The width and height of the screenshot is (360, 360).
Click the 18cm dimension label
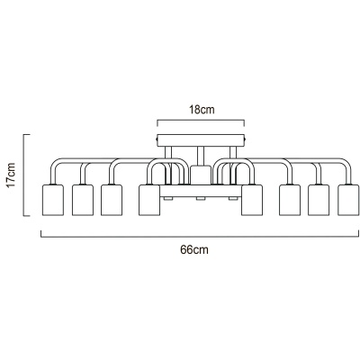point(202,110)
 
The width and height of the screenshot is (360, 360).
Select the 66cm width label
point(194,249)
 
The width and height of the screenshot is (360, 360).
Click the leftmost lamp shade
point(53,200)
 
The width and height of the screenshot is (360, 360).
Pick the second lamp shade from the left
point(83,200)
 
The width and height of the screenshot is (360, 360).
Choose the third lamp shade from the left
point(112,200)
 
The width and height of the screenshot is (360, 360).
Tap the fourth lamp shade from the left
point(149,200)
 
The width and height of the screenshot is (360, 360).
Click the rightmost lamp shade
point(348,200)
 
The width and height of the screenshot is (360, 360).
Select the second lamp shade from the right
point(319,200)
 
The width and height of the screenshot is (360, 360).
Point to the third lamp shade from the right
point(290,200)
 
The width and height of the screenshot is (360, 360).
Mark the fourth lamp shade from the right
point(252,200)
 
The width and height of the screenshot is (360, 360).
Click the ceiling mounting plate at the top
point(201,140)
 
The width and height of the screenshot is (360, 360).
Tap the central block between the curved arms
point(201,175)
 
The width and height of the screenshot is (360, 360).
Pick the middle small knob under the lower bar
point(201,199)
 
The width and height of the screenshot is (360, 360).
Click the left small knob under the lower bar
point(168,199)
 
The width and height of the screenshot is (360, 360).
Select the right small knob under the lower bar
point(233,199)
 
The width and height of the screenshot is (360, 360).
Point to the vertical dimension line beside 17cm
point(24,175)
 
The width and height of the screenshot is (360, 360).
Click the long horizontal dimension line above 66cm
point(200,237)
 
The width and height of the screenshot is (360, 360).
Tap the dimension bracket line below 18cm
point(201,121)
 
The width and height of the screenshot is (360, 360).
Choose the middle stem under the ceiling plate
point(201,156)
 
